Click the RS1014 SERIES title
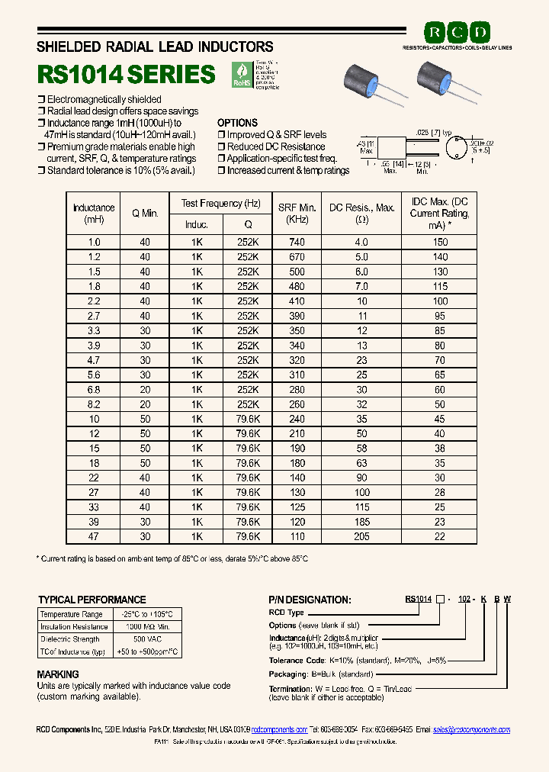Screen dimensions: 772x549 (x=127, y=74)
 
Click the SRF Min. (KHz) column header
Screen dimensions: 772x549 (x=297, y=213)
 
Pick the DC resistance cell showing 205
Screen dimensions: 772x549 (x=361, y=536)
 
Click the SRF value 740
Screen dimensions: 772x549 (x=297, y=242)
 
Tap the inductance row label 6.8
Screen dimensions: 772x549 (x=94, y=389)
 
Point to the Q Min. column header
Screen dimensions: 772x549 (x=145, y=213)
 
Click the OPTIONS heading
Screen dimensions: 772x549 (x=237, y=123)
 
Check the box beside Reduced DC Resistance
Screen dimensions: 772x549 (x=220, y=146)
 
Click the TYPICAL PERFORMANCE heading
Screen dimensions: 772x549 (x=91, y=600)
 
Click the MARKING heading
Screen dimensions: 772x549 (x=58, y=674)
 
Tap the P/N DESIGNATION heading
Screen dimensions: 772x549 (x=310, y=600)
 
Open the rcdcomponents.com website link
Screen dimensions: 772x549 (x=279, y=730)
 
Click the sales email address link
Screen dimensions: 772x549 (x=471, y=730)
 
